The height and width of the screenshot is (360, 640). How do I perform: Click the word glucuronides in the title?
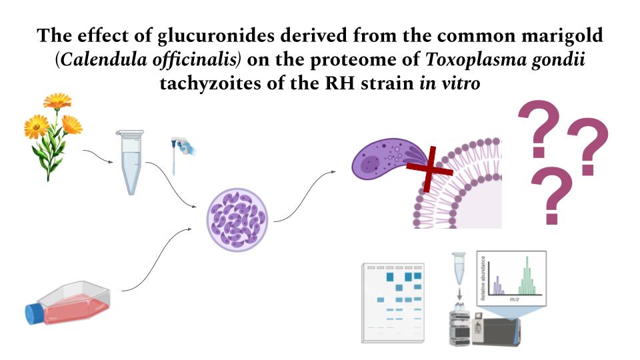click(216, 36)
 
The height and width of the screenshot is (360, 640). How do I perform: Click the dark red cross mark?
click(429, 169)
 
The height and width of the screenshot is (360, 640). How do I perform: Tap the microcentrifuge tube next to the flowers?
click(131, 162)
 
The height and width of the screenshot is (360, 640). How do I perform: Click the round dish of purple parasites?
click(237, 220)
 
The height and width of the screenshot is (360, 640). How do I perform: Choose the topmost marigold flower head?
click(57, 101)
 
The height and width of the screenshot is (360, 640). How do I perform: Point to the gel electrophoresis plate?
click(393, 303)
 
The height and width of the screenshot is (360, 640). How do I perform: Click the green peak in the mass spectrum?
click(527, 277)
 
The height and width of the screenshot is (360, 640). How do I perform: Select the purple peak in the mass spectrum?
click(497, 286)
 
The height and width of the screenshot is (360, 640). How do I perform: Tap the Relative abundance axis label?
click(483, 277)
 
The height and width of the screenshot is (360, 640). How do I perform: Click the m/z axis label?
click(514, 299)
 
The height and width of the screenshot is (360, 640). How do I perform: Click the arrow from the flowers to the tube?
click(98, 155)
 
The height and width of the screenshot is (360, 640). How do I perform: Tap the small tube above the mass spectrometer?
click(459, 268)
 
